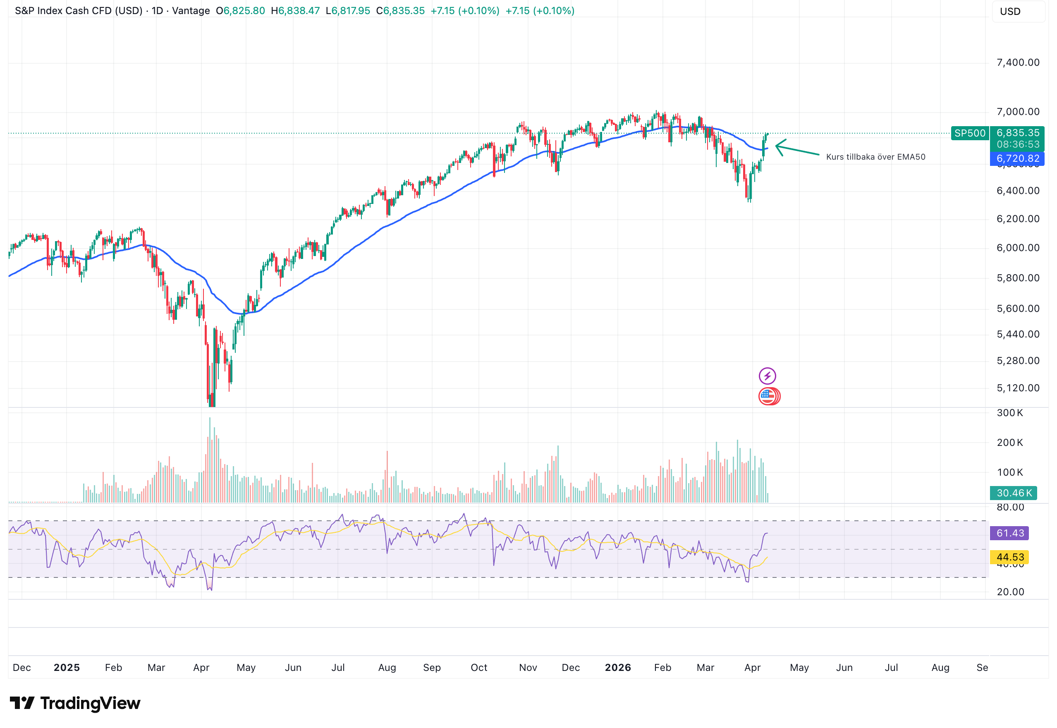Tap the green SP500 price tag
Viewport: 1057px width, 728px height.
(x=969, y=133)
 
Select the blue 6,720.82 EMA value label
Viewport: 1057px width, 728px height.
(x=1017, y=159)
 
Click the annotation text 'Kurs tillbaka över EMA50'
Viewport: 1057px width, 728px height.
(x=875, y=157)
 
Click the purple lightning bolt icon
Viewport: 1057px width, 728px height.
(x=767, y=376)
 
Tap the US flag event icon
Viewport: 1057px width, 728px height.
(x=768, y=396)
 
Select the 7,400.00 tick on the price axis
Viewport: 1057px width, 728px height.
(x=1018, y=62)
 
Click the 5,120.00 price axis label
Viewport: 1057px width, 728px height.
(x=1018, y=388)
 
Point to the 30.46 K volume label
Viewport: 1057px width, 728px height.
(x=1014, y=493)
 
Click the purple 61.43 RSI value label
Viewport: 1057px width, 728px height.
(x=1009, y=533)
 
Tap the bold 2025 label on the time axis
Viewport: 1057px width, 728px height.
(x=67, y=668)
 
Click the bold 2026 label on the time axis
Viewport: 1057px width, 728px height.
(x=617, y=668)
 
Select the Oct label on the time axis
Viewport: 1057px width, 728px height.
(x=479, y=668)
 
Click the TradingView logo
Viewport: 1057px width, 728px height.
(x=75, y=703)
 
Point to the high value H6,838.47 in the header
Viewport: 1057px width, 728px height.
(x=295, y=10)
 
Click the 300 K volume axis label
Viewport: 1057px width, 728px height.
(x=1009, y=413)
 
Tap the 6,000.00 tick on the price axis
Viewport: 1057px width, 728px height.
(x=1018, y=248)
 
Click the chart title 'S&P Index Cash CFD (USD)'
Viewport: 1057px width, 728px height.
(x=79, y=10)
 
